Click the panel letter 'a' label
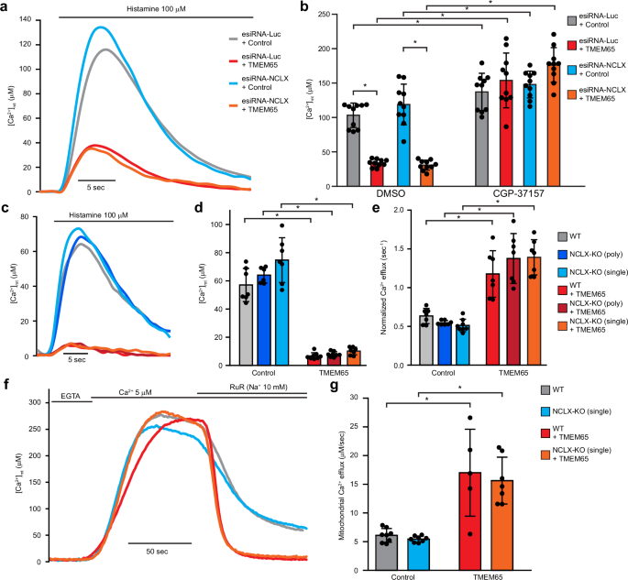click(7, 8)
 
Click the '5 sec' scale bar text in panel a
click(94, 187)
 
